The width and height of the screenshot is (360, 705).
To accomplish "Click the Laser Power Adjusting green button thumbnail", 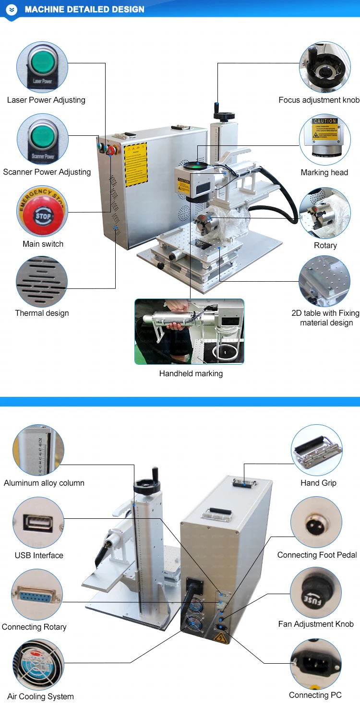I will pos(42,66).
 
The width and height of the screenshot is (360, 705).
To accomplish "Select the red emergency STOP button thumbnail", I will pos(42,211).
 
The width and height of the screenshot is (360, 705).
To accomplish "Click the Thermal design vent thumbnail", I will pos(42,281).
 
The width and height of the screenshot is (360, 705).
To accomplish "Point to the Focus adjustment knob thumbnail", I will pos(324,67).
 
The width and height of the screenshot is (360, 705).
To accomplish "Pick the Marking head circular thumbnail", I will pos(324,139).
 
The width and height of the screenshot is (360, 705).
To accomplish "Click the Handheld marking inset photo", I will pos(189,331).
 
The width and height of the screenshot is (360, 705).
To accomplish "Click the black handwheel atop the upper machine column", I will pos(224,116).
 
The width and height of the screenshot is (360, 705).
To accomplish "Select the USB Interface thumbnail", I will pos(38,522).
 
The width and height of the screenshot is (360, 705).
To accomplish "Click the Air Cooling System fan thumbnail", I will pos(38,664).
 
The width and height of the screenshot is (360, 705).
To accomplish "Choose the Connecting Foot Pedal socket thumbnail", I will pos(316,522).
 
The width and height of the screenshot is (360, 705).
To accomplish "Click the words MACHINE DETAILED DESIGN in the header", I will pos(84,9).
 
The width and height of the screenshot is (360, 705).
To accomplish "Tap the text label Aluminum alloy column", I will pos(44,483).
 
